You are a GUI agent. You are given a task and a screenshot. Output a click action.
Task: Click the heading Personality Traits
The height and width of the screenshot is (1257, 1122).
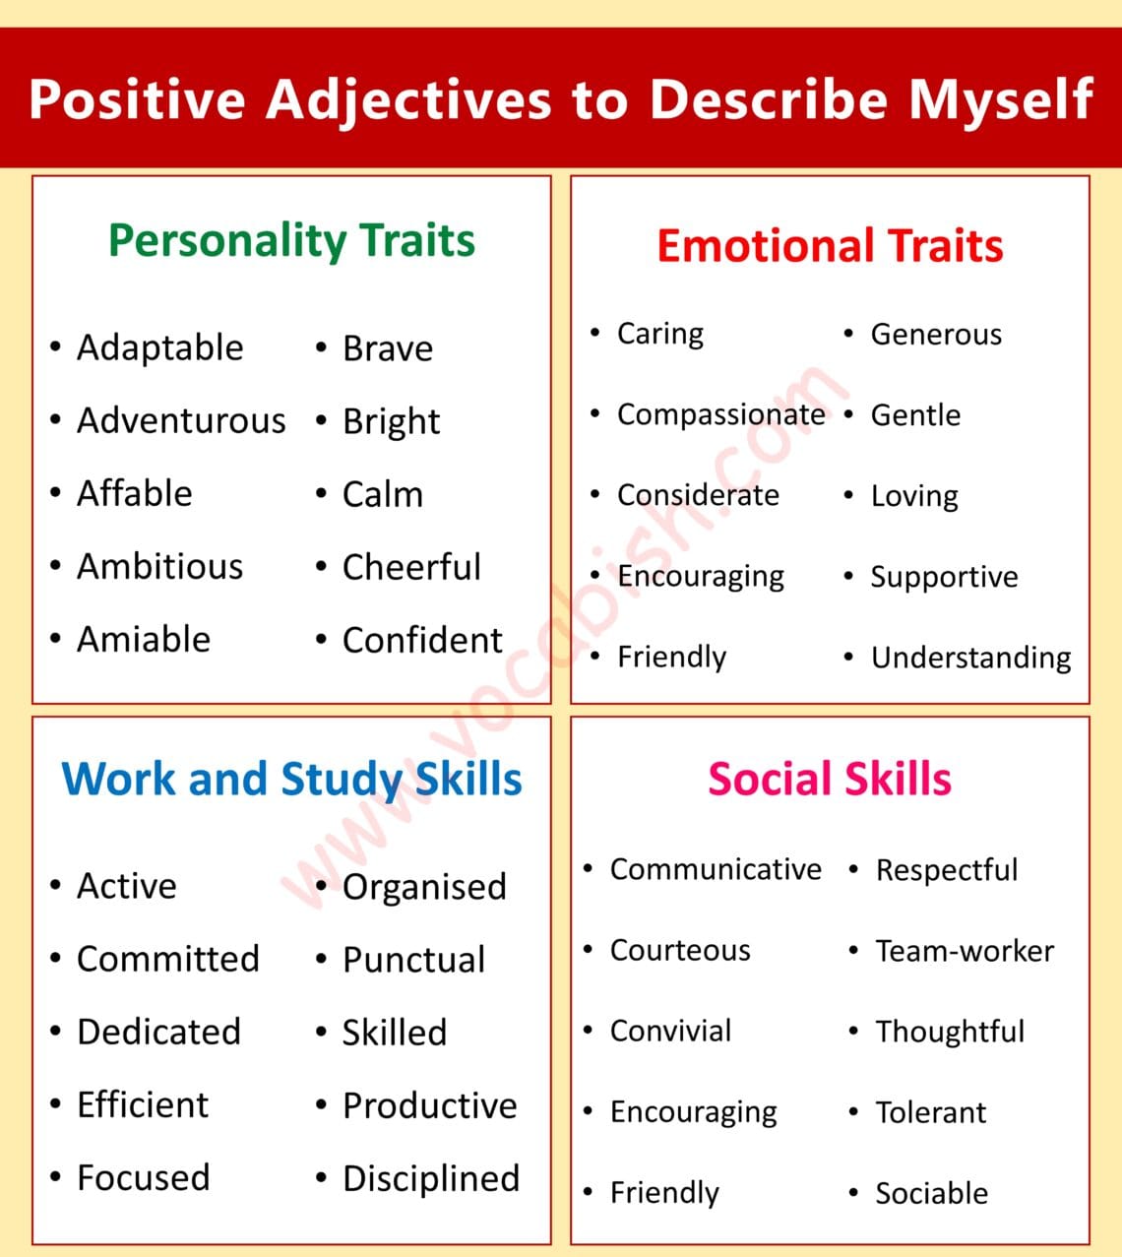pos(291,241)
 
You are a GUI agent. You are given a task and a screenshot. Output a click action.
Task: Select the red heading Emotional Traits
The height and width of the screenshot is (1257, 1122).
pos(830,246)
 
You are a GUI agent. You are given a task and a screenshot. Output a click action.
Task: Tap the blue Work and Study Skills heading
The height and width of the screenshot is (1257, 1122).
pos(291,779)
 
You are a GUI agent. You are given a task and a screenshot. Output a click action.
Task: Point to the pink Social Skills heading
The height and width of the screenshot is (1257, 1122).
pos(830,779)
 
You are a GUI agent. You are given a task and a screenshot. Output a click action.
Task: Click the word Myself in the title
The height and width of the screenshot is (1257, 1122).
pos(1000,99)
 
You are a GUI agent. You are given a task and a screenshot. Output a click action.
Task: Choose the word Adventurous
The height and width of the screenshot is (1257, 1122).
pos(181,421)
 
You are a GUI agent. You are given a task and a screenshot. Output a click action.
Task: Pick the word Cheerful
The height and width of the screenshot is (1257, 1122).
pos(411,567)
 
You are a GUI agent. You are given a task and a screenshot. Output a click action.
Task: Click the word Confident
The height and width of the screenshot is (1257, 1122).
pos(422,640)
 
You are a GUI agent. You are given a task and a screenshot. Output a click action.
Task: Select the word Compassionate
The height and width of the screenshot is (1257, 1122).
pos(720,414)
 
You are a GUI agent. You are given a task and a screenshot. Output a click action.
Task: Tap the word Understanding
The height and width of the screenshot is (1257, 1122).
pos(970,658)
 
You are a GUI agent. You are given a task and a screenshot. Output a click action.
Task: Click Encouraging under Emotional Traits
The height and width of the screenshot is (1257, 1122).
pos(700,576)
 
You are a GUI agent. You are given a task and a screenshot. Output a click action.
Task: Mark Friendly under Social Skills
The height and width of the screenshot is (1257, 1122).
pos(664,1193)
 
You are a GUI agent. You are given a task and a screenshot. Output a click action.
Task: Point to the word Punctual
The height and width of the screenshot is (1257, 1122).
pos(413,960)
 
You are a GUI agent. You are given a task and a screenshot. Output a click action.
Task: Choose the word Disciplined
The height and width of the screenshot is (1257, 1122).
pos(430,1178)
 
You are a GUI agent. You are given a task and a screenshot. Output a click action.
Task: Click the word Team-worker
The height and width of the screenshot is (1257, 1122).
pos(965,951)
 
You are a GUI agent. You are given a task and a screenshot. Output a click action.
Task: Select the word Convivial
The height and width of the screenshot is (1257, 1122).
pos(670,1032)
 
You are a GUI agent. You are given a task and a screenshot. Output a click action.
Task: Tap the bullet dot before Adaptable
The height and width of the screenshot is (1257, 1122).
pos(56,346)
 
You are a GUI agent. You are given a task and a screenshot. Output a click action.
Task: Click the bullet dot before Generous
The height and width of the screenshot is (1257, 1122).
pos(848,334)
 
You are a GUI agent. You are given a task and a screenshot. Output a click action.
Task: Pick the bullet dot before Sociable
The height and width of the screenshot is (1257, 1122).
pos(853,1193)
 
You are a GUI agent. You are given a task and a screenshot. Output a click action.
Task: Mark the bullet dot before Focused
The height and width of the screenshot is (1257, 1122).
pos(56,1176)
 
